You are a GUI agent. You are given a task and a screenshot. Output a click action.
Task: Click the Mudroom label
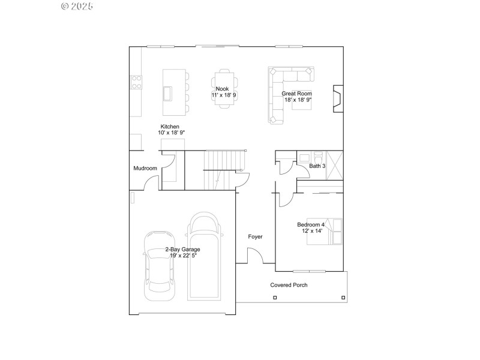145,169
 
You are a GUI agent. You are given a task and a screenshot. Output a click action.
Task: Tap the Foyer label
255,237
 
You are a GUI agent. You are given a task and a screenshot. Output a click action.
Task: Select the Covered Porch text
289,285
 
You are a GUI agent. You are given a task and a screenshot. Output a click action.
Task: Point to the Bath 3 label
317,166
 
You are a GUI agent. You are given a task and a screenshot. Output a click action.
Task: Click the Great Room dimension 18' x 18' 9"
298,100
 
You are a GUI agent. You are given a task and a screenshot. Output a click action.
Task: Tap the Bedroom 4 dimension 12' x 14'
310,230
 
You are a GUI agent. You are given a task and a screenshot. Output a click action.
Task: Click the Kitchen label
169,127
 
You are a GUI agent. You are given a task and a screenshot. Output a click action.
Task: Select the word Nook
223,89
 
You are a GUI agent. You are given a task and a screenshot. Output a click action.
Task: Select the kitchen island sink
167,94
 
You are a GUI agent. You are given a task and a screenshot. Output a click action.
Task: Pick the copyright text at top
77,6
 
